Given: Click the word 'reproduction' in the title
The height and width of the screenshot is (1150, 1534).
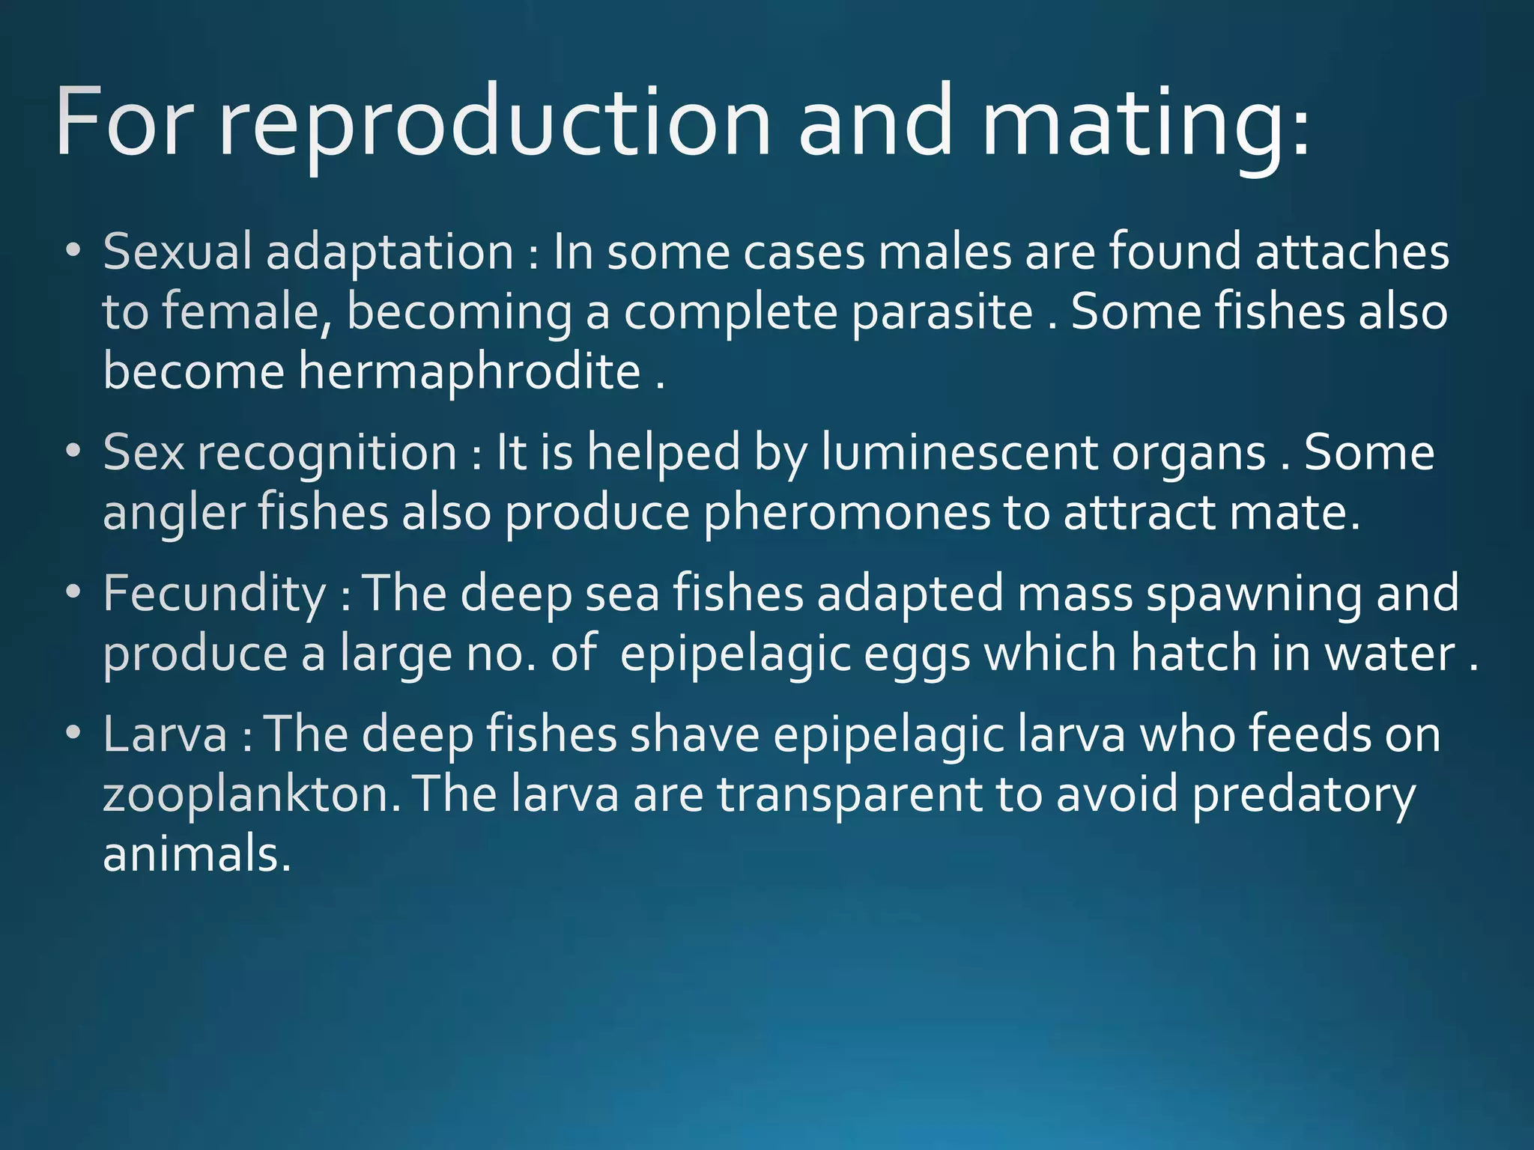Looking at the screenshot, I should (494, 124).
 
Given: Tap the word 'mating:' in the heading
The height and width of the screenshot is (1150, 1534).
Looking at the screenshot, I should (1146, 124).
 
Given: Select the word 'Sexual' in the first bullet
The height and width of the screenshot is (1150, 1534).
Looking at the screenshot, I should (177, 252).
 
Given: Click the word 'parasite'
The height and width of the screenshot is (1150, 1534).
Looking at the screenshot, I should (942, 311).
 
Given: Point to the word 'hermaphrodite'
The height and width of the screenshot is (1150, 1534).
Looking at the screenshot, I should (470, 371).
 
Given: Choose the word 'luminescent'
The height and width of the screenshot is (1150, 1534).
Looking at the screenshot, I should (959, 453).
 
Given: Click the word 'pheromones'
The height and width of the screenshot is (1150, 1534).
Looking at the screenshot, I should (846, 514).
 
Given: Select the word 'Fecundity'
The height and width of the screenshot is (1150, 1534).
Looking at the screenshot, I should (214, 594).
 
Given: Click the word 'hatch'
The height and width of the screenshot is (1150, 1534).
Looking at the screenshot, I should (1193, 654).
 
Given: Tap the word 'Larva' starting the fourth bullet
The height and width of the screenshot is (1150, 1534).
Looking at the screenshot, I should (165, 734).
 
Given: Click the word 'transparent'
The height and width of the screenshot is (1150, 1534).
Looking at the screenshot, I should (849, 795).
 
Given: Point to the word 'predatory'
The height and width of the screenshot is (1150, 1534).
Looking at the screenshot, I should (1303, 795).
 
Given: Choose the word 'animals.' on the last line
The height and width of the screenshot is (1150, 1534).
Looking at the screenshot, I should (196, 855).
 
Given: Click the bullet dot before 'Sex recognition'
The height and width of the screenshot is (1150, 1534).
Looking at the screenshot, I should (73, 452).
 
